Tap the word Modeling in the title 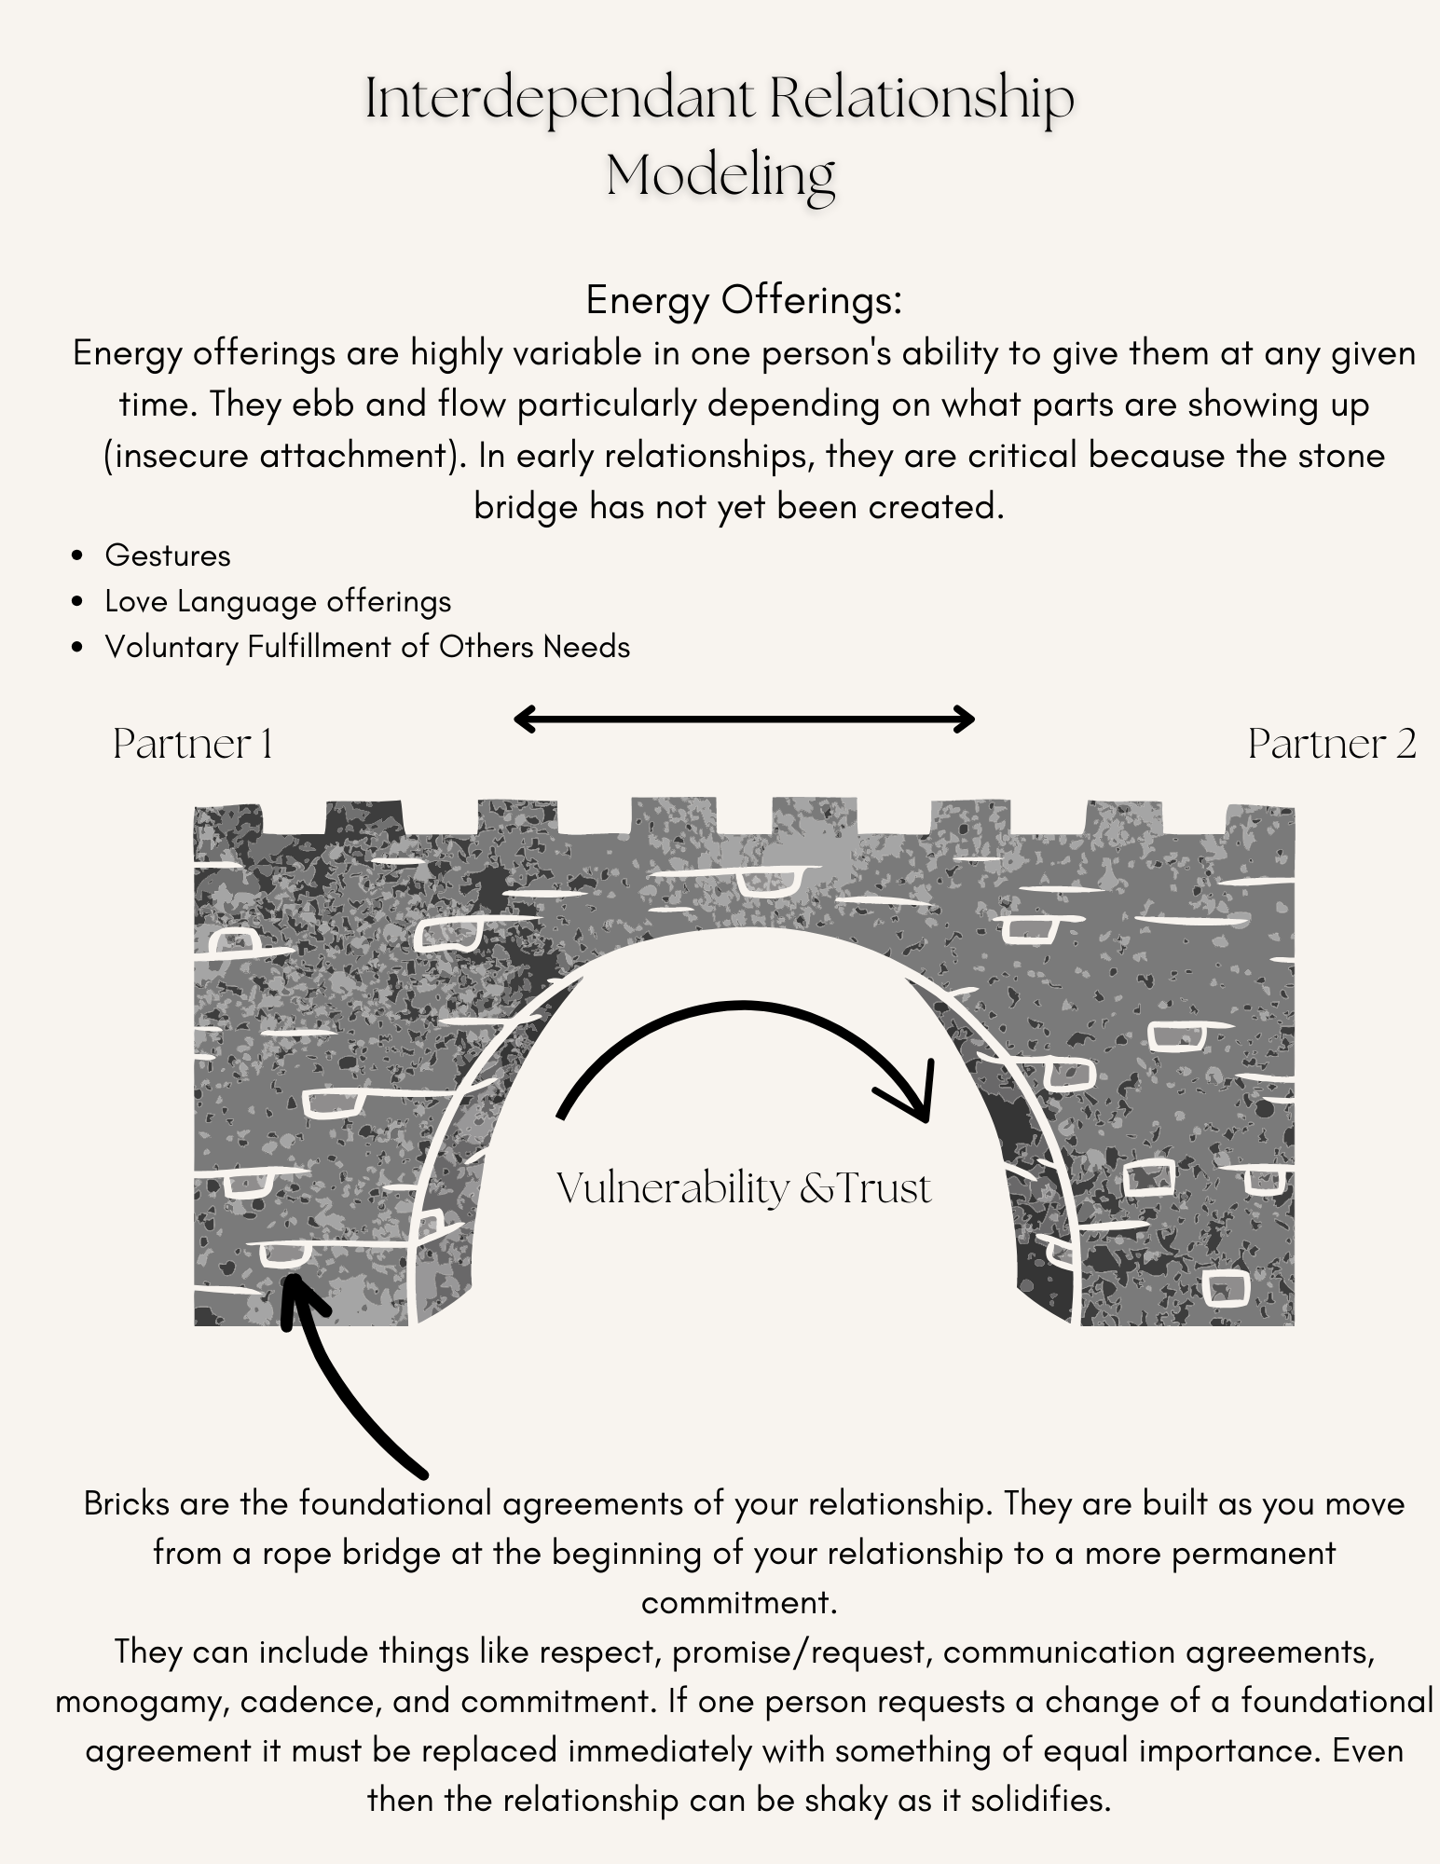[720, 175]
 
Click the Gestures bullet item [168, 555]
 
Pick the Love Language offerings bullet [278, 601]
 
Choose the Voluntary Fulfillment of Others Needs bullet [367, 647]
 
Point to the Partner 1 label [193, 745]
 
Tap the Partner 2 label [1332, 745]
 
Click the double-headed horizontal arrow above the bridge [744, 719]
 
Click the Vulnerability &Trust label [744, 1189]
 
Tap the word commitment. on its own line [737, 1602]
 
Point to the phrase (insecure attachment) [287, 456]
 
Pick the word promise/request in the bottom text [799, 1652]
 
